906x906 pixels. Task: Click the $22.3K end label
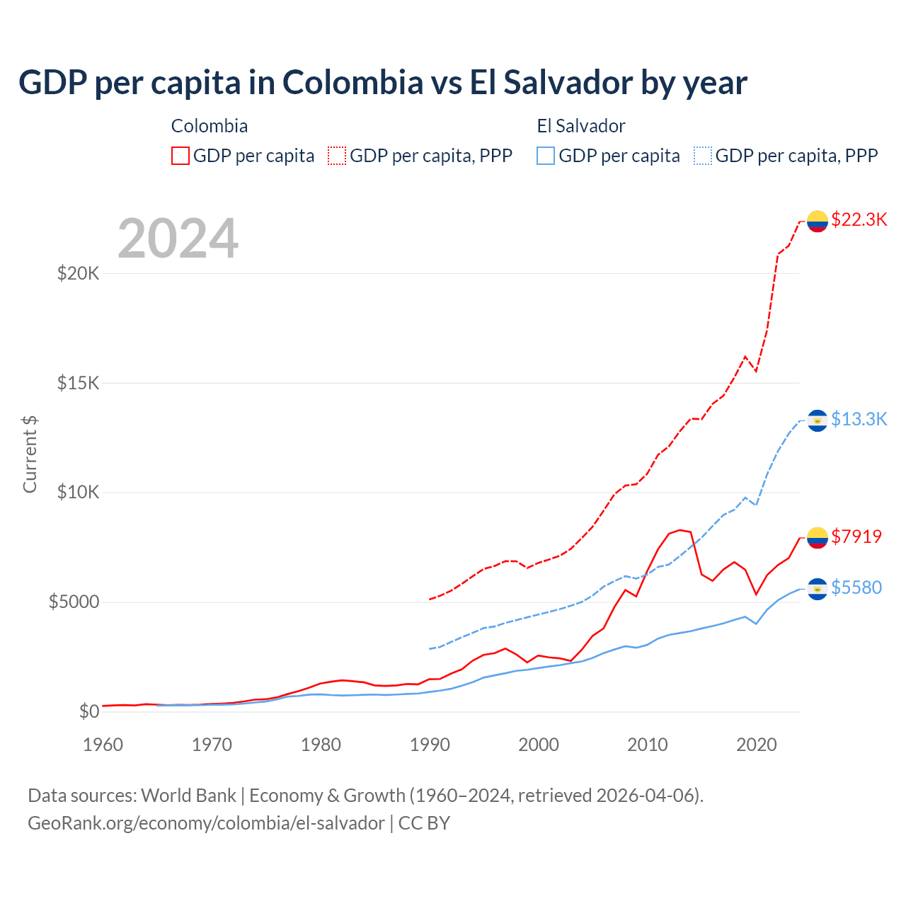tap(859, 220)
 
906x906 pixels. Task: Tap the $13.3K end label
tap(859, 420)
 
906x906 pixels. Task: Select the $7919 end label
tap(856, 537)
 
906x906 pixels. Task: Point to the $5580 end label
tap(856, 587)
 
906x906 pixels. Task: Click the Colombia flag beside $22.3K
tap(818, 222)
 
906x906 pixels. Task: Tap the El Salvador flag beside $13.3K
tap(818, 421)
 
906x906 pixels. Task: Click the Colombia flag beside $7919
tap(818, 538)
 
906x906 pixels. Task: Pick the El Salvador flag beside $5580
tap(818, 589)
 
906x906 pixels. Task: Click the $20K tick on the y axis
tap(78, 273)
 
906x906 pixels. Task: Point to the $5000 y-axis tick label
tap(74, 602)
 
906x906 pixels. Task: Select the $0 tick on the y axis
tap(89, 711)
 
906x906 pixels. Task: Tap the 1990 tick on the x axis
tap(430, 745)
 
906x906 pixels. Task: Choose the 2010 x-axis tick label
tap(648, 745)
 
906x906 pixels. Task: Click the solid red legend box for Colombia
tap(180, 156)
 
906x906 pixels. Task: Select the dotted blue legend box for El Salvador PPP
tap(703, 156)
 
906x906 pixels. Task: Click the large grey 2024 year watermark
tap(178, 239)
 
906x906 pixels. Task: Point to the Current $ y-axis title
tap(30, 454)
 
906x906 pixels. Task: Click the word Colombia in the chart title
tap(352, 83)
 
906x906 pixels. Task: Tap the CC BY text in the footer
tap(424, 823)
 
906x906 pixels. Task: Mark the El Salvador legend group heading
tap(581, 126)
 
